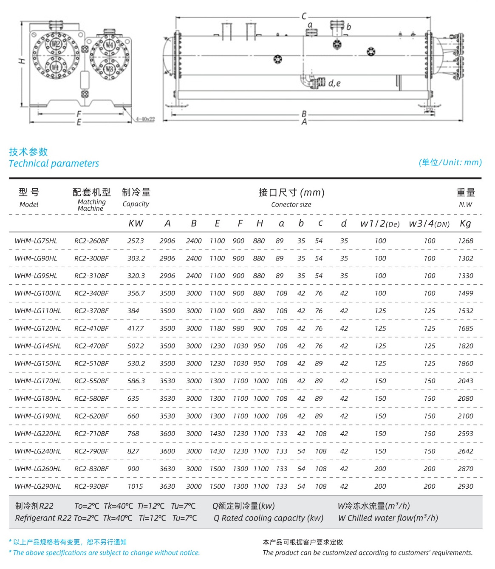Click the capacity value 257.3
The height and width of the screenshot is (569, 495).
[x=136, y=241]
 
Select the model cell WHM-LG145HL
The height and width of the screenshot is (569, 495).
[x=38, y=346]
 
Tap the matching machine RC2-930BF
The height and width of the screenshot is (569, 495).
[x=91, y=486]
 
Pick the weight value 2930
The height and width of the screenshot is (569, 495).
[x=465, y=486]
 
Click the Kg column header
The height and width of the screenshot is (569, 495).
[x=465, y=224]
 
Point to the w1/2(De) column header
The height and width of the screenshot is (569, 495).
[x=380, y=224]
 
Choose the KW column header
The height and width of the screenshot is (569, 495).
[x=136, y=224]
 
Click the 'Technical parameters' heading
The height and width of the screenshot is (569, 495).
[x=54, y=164]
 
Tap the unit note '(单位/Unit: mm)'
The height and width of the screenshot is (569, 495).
[x=450, y=162]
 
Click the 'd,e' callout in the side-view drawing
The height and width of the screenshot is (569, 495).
[x=334, y=83]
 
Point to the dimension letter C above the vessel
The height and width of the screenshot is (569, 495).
[x=304, y=16]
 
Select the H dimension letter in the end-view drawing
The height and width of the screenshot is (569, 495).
[x=22, y=61]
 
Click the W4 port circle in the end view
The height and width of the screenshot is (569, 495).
[x=109, y=45]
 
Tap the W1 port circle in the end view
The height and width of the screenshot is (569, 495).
[x=55, y=67]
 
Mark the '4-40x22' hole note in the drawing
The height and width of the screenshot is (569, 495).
[x=145, y=119]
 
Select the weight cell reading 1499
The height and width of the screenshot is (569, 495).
[x=465, y=293]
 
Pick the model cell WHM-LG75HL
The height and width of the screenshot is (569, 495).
[x=36, y=241]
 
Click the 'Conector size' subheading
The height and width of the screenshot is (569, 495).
[x=291, y=204]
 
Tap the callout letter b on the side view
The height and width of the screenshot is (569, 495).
[x=348, y=27]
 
